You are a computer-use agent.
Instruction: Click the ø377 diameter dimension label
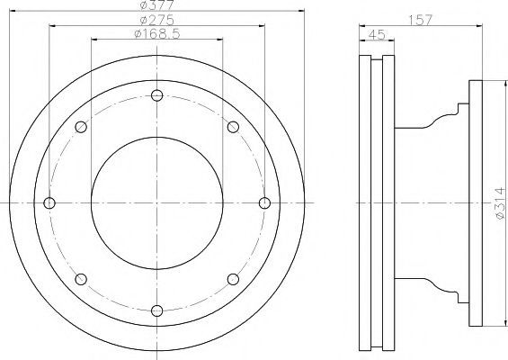click(157, 4)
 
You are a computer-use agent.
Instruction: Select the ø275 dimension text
click(157, 20)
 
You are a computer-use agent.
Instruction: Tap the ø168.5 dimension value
click(157, 33)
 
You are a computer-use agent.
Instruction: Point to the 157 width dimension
click(420, 20)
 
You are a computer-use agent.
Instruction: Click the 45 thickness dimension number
click(377, 35)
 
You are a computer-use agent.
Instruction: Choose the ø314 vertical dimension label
click(500, 203)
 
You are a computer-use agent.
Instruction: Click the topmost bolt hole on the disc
click(157, 95)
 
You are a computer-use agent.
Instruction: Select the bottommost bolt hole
click(157, 310)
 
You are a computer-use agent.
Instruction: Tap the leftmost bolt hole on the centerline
click(49, 203)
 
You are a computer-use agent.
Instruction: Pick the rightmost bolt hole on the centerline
click(264, 203)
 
